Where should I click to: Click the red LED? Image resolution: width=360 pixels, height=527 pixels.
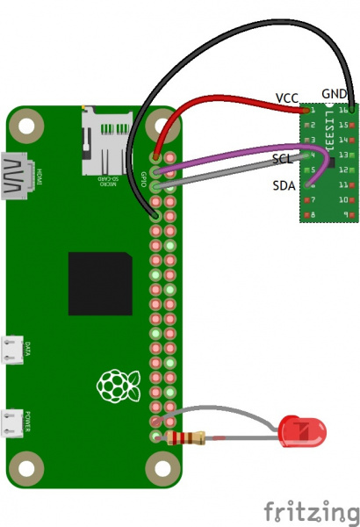point(302,431)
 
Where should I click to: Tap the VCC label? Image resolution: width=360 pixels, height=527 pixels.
point(287,97)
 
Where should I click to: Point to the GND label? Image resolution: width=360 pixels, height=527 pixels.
point(334,93)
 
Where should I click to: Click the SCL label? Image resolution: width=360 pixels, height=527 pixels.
point(283,160)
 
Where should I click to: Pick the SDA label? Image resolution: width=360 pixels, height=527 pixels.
point(284,185)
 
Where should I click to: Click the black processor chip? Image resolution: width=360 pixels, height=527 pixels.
point(100,284)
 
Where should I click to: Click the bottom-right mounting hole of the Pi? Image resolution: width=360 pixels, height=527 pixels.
point(162,465)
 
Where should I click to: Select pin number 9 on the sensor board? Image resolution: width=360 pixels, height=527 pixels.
point(349,215)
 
